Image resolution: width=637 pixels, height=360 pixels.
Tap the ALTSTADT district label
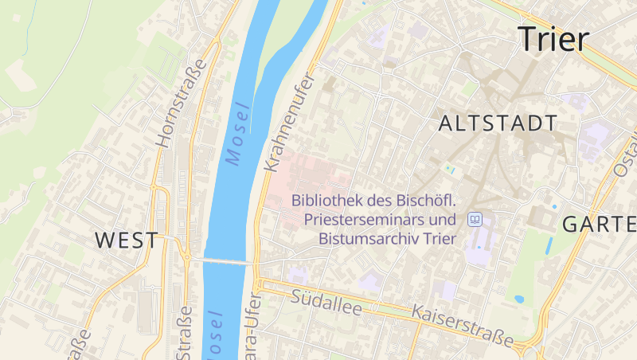(x=498, y=123)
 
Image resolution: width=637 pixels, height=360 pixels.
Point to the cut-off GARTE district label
(x=599, y=224)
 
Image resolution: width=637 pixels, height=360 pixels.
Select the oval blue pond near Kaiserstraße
(x=519, y=299)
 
